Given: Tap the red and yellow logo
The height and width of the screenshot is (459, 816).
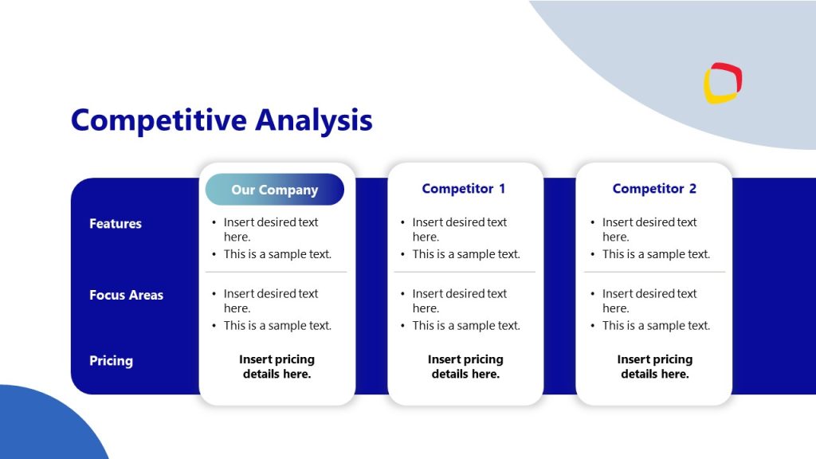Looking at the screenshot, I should coord(722,84).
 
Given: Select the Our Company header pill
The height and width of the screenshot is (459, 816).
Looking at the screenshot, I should coord(274,190).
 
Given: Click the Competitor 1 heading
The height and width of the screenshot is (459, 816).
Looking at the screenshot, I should coord(464,189).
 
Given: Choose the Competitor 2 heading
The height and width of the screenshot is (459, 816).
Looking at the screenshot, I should coord(654,189).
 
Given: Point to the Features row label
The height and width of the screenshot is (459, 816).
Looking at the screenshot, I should coord(116,224).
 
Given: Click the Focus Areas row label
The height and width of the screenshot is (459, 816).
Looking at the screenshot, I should coord(126,295).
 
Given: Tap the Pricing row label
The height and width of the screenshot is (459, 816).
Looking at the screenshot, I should coord(111,361).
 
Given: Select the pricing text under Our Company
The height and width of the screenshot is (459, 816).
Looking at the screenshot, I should coord(277,367).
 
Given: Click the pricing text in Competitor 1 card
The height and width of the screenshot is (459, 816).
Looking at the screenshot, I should coord(465,367).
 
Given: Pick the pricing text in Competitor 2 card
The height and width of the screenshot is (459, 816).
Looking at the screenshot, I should coord(654,367).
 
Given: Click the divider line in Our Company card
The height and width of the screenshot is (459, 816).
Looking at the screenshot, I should coord(277,272).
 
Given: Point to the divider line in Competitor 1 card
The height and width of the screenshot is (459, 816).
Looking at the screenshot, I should coord(465,272).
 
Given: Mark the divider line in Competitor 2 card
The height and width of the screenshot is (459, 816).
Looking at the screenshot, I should coord(654,272).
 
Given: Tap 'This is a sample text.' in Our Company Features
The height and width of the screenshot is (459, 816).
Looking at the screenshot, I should coord(277,254).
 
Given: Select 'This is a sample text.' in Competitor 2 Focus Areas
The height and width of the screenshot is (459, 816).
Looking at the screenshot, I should coord(656,325).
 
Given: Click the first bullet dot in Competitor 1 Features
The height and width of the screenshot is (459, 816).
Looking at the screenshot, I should coord(403,223).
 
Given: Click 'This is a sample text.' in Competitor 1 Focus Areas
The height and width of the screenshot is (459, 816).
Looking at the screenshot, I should coord(466,325).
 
